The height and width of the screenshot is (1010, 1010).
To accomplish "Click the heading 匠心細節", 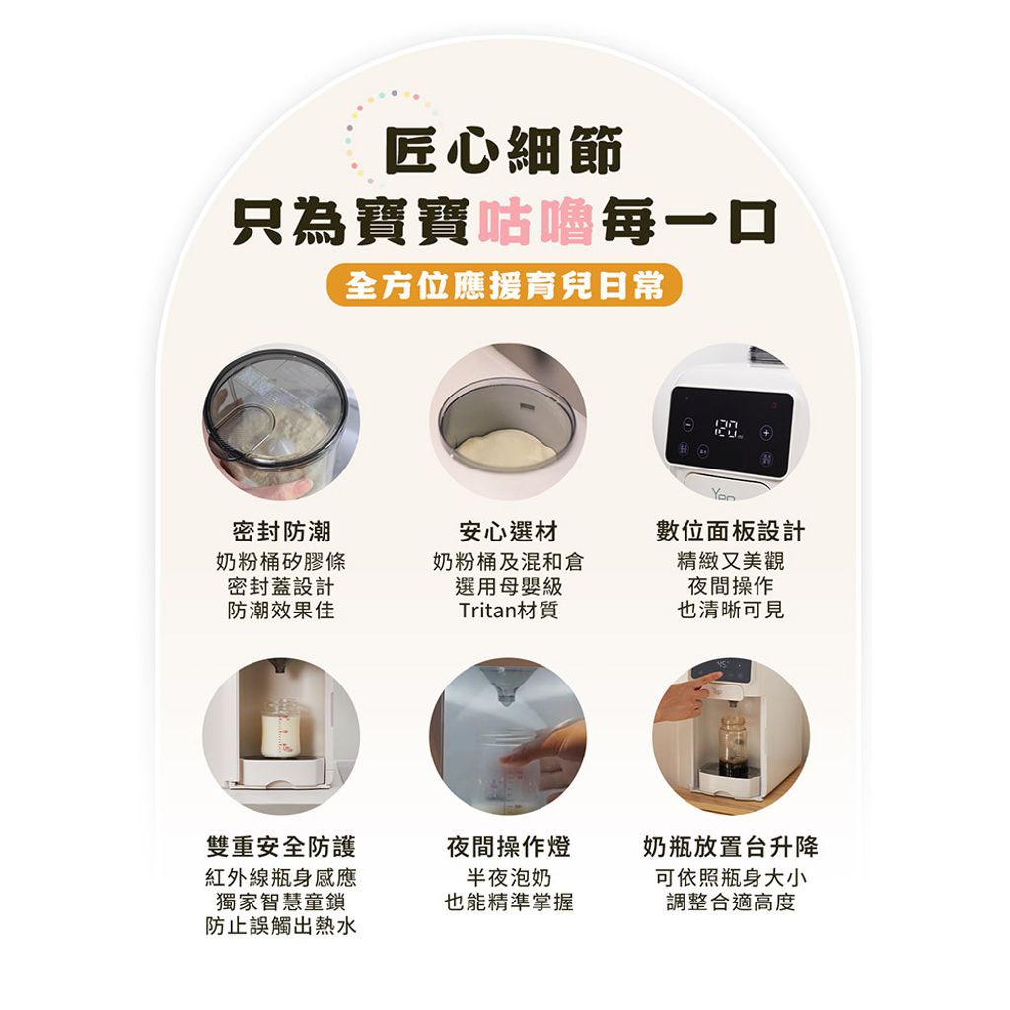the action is pyautogui.click(x=504, y=150).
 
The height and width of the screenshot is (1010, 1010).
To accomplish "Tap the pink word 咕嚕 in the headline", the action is pyautogui.click(x=536, y=222).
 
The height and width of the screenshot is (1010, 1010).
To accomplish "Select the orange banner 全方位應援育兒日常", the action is pyautogui.click(x=504, y=285).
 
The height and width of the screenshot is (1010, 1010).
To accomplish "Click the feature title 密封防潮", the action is pyautogui.click(x=281, y=532).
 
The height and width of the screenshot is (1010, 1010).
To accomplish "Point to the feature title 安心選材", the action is pyautogui.click(x=508, y=532).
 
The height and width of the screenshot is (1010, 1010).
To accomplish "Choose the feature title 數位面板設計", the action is pyautogui.click(x=731, y=532).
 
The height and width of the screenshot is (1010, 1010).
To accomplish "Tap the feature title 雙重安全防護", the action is pyautogui.click(x=281, y=846).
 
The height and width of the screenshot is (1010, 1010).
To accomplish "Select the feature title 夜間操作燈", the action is pyautogui.click(x=508, y=846).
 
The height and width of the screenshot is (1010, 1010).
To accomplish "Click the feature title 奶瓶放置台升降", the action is pyautogui.click(x=731, y=846).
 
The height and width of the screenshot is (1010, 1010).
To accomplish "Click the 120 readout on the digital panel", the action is pyautogui.click(x=726, y=427).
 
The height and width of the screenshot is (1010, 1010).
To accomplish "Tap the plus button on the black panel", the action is pyautogui.click(x=765, y=432).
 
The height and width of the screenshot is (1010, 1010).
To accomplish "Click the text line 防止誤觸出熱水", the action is pyautogui.click(x=281, y=925).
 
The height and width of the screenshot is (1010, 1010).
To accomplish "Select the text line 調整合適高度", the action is pyautogui.click(x=731, y=902).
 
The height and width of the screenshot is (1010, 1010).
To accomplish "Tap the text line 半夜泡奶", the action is pyautogui.click(x=508, y=877).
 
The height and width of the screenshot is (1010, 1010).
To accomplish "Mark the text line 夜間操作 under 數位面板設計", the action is pyautogui.click(x=731, y=586).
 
